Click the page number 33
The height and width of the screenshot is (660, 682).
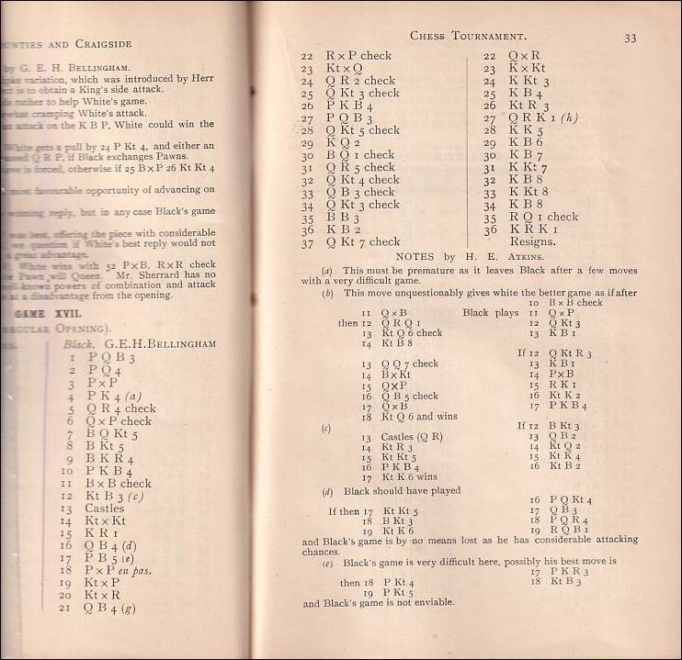click(631, 39)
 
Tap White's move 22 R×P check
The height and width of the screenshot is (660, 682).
click(358, 56)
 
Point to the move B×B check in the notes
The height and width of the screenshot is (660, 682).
click(576, 303)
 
